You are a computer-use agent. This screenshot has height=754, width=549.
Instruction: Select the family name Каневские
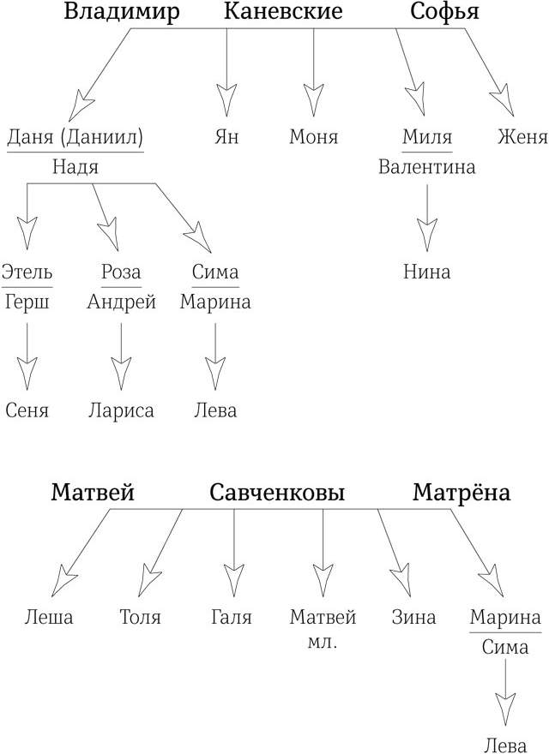283,12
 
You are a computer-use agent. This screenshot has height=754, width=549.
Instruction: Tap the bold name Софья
443,12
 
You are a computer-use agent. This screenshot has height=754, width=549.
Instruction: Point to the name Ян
226,137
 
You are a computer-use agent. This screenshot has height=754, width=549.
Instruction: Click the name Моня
314,137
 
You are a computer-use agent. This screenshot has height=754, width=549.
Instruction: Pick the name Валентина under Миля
427,167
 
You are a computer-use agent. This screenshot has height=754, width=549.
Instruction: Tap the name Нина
426,272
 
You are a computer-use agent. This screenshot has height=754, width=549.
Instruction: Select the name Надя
75,168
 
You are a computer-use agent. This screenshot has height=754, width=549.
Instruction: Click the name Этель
27,272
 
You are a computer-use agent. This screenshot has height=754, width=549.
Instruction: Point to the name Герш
27,302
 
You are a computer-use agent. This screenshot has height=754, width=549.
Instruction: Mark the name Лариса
121,410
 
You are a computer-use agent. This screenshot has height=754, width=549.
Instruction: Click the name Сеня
27,410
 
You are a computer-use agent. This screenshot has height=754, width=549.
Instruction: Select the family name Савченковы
277,494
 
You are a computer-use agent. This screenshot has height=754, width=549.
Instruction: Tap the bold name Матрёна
461,494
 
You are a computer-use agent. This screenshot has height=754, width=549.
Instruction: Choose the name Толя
141,617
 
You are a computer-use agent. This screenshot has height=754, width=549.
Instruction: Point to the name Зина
413,617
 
